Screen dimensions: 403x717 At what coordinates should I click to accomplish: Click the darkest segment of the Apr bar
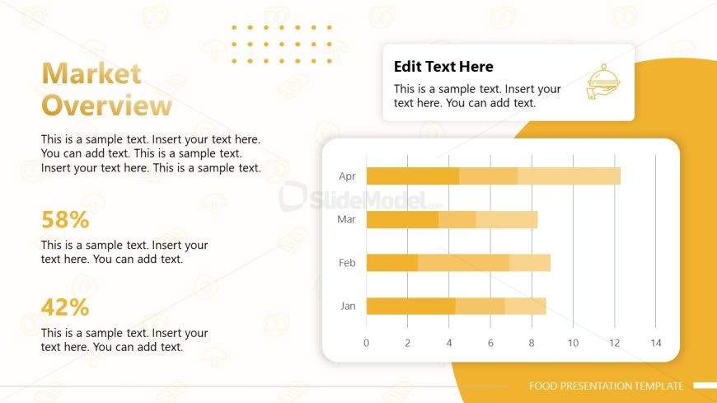coord(412,176)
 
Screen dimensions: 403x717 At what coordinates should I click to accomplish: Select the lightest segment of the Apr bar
coord(569,176)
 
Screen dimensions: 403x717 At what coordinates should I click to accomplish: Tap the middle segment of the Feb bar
coord(463,263)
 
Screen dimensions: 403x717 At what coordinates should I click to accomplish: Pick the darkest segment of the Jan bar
coord(410,306)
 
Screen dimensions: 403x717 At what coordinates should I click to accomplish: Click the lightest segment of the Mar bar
coord(507,219)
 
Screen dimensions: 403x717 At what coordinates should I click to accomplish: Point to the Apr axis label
coord(347,176)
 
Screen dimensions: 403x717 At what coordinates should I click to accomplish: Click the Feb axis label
coord(347,263)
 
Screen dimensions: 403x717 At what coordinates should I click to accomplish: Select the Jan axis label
coord(348,306)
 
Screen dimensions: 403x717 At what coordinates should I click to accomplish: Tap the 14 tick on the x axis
coord(656,343)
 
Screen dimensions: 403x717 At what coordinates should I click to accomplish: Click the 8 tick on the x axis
coord(532,343)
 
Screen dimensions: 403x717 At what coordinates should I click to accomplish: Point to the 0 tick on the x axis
coord(367,343)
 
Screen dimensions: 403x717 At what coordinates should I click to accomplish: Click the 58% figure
coord(65,220)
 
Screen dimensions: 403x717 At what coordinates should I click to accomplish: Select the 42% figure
coord(65,307)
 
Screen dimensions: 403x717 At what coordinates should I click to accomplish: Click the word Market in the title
coord(91,74)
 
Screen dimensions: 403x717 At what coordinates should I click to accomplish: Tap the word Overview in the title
coord(106,105)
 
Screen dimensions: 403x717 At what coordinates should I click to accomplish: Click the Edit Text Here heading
coord(443,67)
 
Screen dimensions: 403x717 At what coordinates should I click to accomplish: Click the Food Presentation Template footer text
coord(606,386)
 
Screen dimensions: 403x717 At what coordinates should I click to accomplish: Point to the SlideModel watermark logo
coord(354,198)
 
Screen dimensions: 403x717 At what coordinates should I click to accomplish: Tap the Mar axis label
coord(346,219)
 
